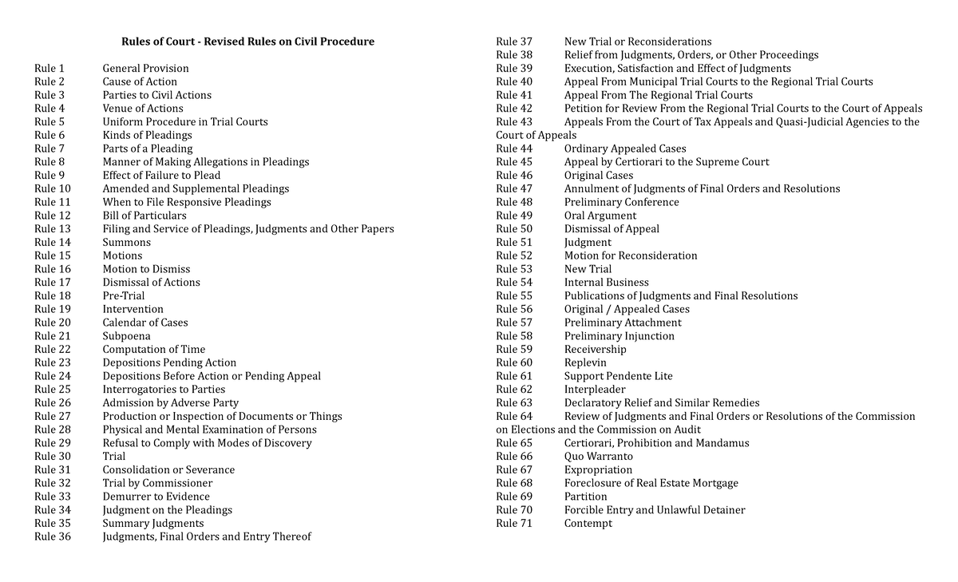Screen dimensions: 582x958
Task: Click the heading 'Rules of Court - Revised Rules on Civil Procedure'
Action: (x=247, y=42)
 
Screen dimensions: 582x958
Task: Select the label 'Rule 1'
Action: (x=49, y=69)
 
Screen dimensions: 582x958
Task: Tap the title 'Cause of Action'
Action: (x=140, y=81)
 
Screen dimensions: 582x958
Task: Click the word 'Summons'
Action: (x=126, y=242)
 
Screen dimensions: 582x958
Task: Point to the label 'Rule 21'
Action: (x=53, y=336)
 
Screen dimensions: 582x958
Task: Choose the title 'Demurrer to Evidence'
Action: (x=156, y=497)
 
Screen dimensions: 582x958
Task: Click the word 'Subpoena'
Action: (x=126, y=336)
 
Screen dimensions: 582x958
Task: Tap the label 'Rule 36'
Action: (x=53, y=536)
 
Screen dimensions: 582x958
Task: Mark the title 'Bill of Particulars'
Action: (x=144, y=216)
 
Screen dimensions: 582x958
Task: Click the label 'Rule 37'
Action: (x=514, y=42)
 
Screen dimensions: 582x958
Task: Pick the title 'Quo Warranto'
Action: (x=599, y=457)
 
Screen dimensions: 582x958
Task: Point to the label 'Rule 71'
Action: (x=514, y=523)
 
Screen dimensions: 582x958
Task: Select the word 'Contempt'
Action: (x=588, y=523)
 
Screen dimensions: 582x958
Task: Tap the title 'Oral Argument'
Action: (x=600, y=216)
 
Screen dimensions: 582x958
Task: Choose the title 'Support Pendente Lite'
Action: (x=619, y=376)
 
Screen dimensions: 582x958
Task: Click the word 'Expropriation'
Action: (x=598, y=469)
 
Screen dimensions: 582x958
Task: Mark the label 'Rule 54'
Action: (x=514, y=283)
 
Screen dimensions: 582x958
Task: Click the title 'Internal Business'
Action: (x=607, y=283)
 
